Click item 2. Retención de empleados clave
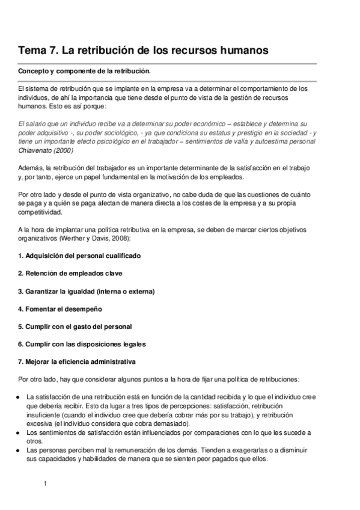(x=70, y=273)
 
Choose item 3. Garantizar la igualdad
(x=86, y=291)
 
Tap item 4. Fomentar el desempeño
(x=60, y=309)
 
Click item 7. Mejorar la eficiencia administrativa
(x=77, y=361)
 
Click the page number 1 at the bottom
(x=45, y=483)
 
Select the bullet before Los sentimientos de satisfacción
(x=20, y=432)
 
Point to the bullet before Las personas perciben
(x=20, y=450)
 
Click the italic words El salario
(x=32, y=123)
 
